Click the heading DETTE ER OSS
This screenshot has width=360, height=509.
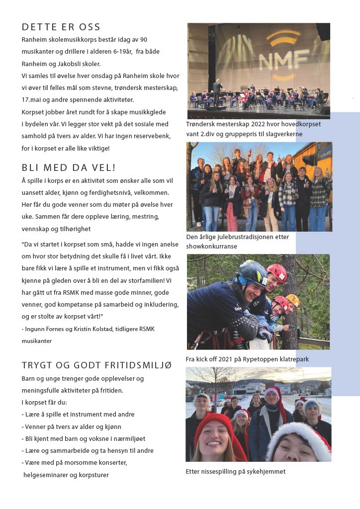[x=61, y=27]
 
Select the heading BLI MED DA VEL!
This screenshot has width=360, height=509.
[x=69, y=168]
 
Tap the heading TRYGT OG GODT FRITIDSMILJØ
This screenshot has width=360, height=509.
[x=96, y=365]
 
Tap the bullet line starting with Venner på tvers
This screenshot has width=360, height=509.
[x=72, y=426]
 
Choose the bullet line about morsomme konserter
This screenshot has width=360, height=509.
[x=75, y=463]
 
